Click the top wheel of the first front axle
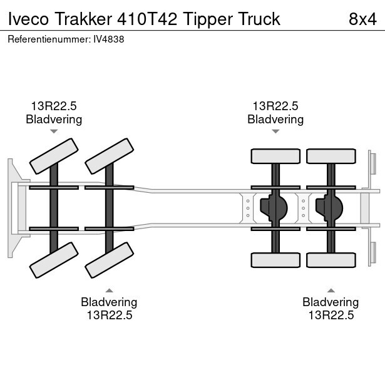[x=54, y=157]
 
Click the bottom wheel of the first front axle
[x=54, y=260]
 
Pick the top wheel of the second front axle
[x=109, y=157]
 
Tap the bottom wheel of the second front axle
[x=109, y=260]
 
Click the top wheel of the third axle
[x=275, y=157]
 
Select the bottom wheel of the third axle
[x=275, y=259]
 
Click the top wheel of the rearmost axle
[x=330, y=157]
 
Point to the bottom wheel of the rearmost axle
[x=330, y=259]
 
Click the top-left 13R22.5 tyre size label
[x=54, y=106]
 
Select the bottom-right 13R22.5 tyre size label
[x=331, y=315]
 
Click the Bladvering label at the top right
[x=275, y=119]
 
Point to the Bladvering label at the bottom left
[x=109, y=302]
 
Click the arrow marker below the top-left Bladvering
[x=54, y=131]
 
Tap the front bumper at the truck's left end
[x=11, y=208]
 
